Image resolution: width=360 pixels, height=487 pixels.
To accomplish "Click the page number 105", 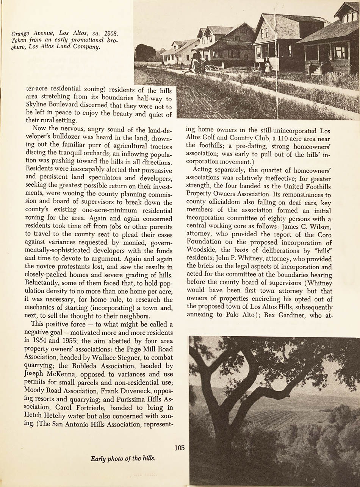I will click(180, 448).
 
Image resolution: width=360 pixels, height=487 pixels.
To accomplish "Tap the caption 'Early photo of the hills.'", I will click(123, 459).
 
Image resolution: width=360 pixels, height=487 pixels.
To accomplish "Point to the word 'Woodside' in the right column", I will click(203, 251).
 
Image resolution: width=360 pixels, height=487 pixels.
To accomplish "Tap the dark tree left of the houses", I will click(145, 53).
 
